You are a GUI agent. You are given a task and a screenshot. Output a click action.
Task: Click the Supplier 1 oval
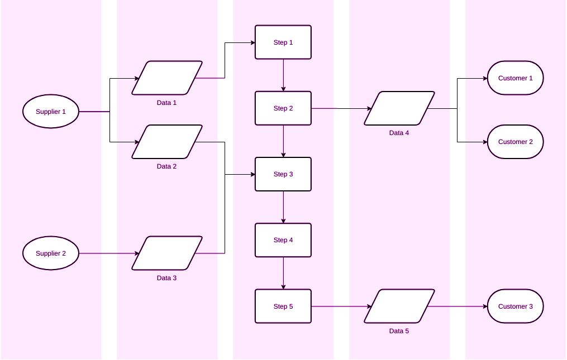(x=51, y=112)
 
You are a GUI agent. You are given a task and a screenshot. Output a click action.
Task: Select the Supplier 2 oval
(x=51, y=253)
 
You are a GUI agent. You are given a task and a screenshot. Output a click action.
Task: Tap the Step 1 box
(x=283, y=42)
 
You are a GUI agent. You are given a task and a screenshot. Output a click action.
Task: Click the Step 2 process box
(x=283, y=108)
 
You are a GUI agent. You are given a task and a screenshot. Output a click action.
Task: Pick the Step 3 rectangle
(x=283, y=174)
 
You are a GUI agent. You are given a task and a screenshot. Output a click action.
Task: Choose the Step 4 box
(x=283, y=240)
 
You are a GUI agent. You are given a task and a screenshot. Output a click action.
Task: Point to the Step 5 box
(x=283, y=306)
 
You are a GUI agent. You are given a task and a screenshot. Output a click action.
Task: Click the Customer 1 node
(x=515, y=78)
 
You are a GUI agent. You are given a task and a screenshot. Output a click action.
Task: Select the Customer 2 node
(x=515, y=142)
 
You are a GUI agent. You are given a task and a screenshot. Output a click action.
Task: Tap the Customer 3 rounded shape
(x=515, y=306)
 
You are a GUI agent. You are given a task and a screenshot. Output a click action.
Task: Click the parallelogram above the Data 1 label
(x=167, y=78)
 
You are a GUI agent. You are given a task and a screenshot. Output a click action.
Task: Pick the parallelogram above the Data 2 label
(x=167, y=142)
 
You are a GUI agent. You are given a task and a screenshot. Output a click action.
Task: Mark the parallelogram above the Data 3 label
(x=167, y=253)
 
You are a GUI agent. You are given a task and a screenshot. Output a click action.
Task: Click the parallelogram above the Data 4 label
(x=399, y=108)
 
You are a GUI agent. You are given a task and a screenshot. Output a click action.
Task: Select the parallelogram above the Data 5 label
(x=399, y=306)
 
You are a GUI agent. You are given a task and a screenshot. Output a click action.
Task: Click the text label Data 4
(x=399, y=133)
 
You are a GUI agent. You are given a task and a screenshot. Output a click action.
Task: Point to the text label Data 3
(x=167, y=278)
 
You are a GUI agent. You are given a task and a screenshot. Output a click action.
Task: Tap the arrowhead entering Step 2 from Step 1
(x=283, y=89)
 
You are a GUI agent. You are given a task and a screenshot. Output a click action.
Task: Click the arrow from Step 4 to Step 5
(x=283, y=273)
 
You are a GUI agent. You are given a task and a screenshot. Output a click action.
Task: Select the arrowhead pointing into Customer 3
(x=484, y=306)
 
